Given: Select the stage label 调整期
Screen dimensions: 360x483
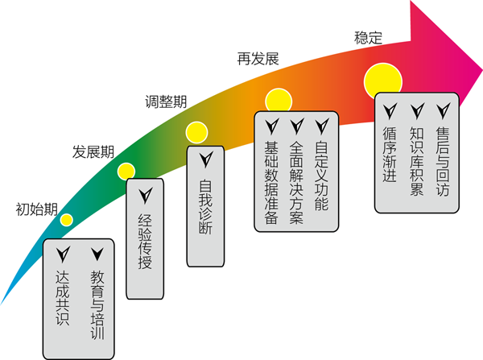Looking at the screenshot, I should pos(166,101).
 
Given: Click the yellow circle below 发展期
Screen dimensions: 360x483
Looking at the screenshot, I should pos(126,170).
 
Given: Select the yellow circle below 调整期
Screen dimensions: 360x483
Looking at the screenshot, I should pos(196,131).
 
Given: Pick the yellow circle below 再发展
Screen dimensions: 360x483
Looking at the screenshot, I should pos(278,100).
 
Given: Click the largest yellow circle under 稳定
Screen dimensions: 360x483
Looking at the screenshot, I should pos(382,79).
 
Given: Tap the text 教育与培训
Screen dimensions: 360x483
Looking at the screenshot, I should pos(97,305).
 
